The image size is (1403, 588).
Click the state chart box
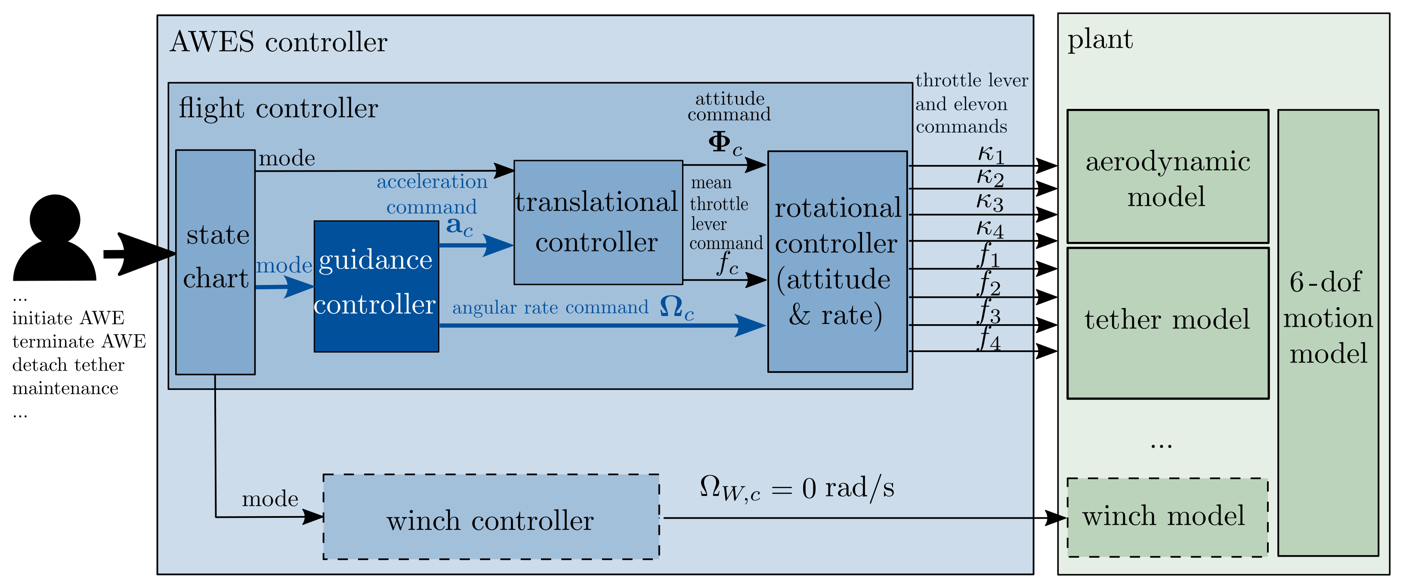pos(215,262)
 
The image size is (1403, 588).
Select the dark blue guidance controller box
pos(376,286)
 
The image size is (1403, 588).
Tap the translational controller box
pos(598,223)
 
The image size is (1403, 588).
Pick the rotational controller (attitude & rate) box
pos(837,262)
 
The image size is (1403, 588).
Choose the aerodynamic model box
pos(1167,176)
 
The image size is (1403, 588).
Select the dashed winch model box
pos(1167,517)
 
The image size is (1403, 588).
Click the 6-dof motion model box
pos(1328,332)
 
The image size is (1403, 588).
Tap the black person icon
pos(55,238)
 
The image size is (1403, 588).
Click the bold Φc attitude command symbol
pos(724,144)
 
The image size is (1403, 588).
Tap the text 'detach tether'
pos(68,365)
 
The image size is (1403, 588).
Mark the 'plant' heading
pos(1100,39)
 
